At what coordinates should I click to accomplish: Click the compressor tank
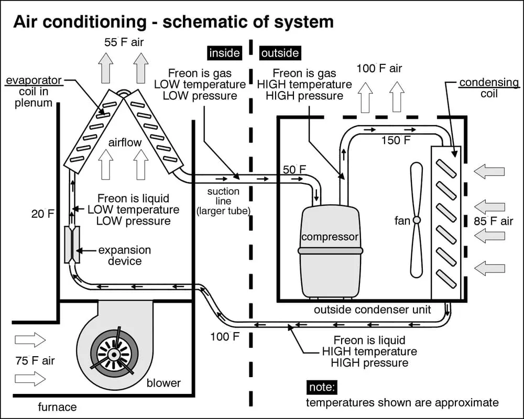330,251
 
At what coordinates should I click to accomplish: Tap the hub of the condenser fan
417,220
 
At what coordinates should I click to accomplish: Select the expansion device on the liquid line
72,245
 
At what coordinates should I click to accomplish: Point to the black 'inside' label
224,53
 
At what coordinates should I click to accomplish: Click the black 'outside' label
280,53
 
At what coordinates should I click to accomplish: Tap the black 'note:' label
321,388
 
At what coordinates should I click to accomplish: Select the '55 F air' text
124,42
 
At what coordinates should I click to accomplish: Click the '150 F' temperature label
396,140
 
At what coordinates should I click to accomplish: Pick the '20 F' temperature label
42,214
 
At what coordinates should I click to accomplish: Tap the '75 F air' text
34,360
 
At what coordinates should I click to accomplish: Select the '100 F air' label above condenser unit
379,68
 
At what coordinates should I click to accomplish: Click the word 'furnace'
57,407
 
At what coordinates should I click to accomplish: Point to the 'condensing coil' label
489,88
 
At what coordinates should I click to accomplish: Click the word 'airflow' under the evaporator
125,142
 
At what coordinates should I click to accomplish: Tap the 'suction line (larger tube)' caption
223,202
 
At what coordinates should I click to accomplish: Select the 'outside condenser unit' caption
372,310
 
